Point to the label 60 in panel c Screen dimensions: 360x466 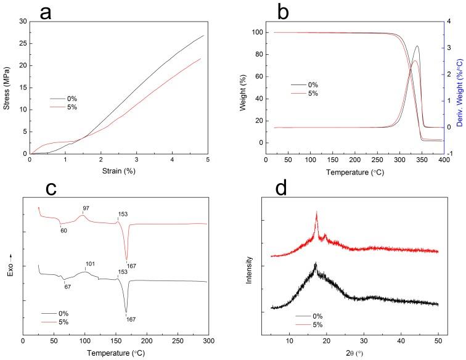click(63, 230)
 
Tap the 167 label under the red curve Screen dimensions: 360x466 click(132, 266)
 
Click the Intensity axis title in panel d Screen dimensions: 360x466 click(250, 269)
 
